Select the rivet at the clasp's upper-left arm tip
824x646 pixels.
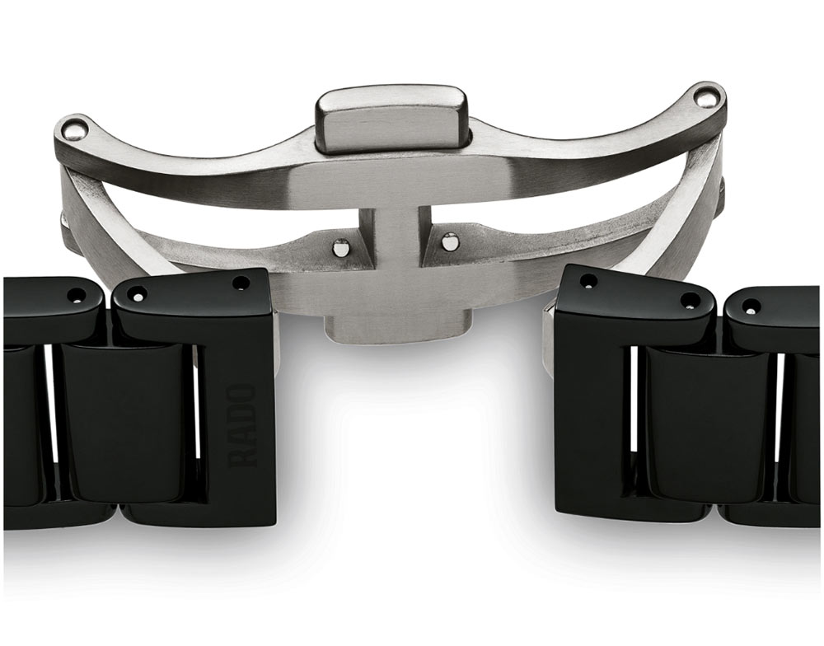73,129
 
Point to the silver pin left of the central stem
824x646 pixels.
342,246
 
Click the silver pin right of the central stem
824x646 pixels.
449,241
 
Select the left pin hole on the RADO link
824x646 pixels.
136,297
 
